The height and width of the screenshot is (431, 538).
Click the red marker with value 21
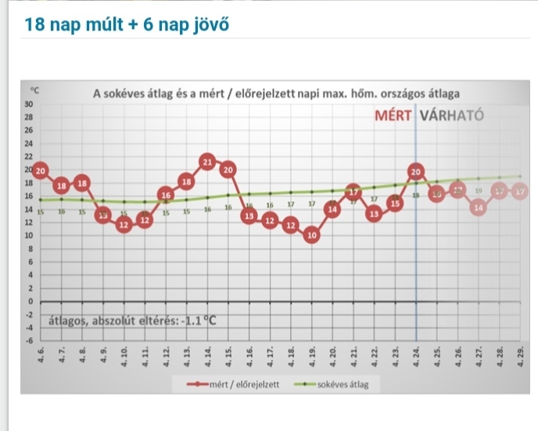coord(207,162)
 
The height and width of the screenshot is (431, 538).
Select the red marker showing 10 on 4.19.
coord(311,235)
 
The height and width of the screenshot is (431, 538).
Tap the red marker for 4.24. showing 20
coord(415,171)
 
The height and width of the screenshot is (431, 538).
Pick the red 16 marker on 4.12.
coord(165,194)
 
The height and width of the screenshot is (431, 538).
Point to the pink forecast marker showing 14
coord(478,208)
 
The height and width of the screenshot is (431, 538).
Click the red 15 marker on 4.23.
coord(395,203)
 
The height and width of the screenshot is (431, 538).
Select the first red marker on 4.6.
coord(41,170)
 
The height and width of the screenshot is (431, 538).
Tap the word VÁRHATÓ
coord(453,116)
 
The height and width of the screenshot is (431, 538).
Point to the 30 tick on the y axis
coord(29,104)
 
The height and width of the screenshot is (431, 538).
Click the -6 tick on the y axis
coord(29,340)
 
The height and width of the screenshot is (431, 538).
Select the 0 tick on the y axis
coord(30,301)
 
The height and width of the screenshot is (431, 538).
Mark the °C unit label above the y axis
coord(34,92)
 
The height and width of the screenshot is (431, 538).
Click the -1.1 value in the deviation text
coord(197,319)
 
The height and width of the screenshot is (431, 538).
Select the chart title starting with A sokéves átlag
coord(276,94)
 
